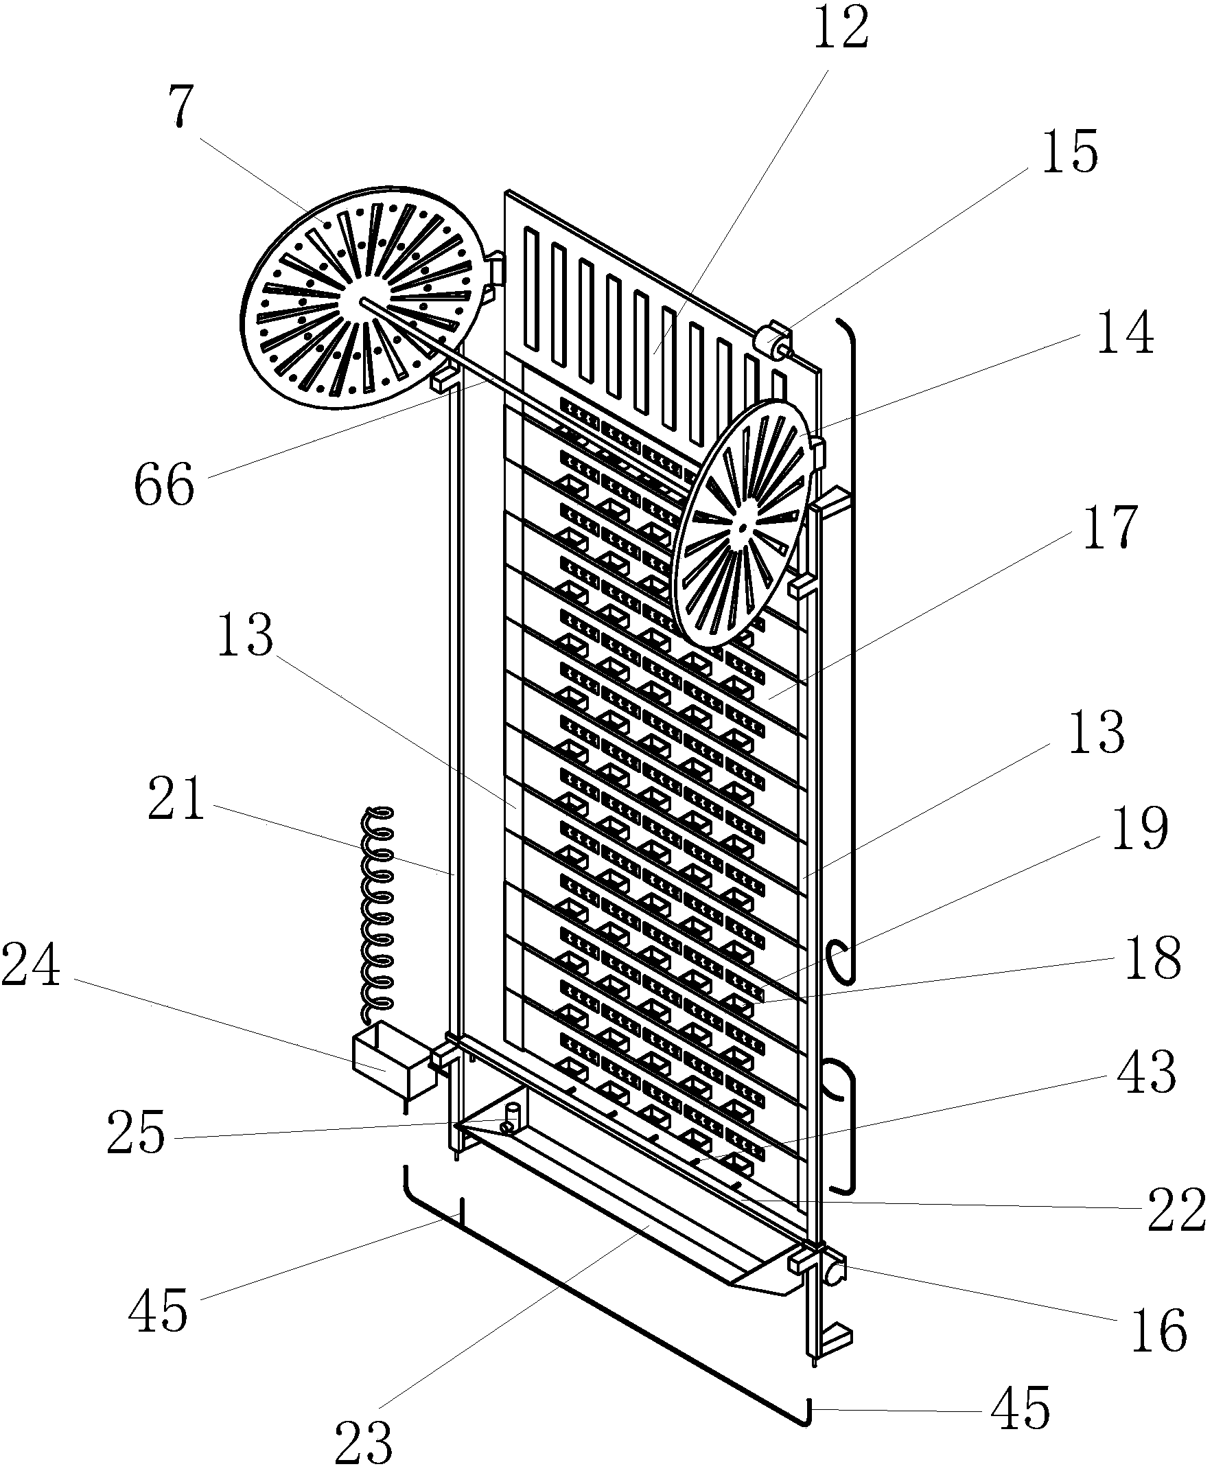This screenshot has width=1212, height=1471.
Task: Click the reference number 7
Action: pyautogui.click(x=181, y=107)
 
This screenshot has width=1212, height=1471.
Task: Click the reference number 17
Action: pyautogui.click(x=1110, y=527)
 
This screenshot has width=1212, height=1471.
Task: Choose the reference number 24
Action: pyautogui.click(x=31, y=966)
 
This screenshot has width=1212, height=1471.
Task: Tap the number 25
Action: pyautogui.click(x=136, y=1133)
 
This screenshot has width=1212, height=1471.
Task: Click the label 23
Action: pyautogui.click(x=364, y=1443)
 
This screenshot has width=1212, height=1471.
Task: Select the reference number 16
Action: pyautogui.click(x=1160, y=1330)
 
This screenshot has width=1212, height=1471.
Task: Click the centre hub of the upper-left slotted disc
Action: pyautogui.click(x=363, y=300)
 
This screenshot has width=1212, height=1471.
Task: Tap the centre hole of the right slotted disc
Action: pyautogui.click(x=742, y=528)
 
